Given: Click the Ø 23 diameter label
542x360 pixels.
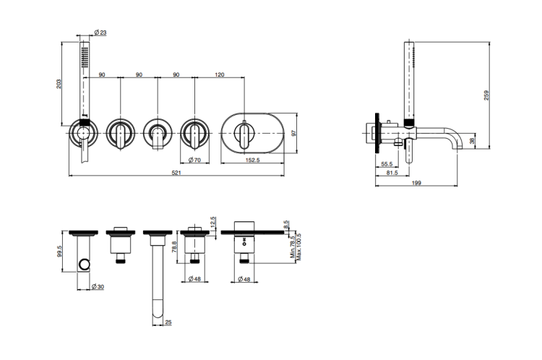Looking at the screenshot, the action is point(100,33).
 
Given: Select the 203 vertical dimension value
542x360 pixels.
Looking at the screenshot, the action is point(59,84).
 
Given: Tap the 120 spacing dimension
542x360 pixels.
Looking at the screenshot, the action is point(220,74).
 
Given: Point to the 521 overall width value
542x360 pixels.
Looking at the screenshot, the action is point(176,173).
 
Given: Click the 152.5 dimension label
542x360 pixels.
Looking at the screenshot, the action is point(252,160).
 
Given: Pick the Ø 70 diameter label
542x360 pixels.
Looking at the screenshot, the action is point(194,160).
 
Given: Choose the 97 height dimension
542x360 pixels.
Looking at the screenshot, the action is point(294,133).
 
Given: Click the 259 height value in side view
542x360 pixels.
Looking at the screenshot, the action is point(486,95).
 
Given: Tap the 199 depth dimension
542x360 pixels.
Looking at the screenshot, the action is point(416,183).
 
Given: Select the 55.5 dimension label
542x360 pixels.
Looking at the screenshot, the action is point(387,164).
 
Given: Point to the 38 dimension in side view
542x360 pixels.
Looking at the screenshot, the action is point(472,141).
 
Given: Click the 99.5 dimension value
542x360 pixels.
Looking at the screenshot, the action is point(59,252).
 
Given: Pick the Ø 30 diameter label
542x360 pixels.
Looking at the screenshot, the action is point(98,287).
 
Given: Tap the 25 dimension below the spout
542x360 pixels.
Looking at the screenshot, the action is point(168,322).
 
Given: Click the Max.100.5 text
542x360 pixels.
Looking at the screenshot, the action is point(299,247).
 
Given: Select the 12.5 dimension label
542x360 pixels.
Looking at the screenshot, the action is point(212,223).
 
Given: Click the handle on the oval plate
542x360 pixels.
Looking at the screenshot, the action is point(244,135).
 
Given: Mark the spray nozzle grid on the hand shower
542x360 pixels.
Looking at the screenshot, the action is point(85,57).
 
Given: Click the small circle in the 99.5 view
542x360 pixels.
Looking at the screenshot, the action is point(84,264).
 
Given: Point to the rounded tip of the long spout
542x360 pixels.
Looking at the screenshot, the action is point(158,312).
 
